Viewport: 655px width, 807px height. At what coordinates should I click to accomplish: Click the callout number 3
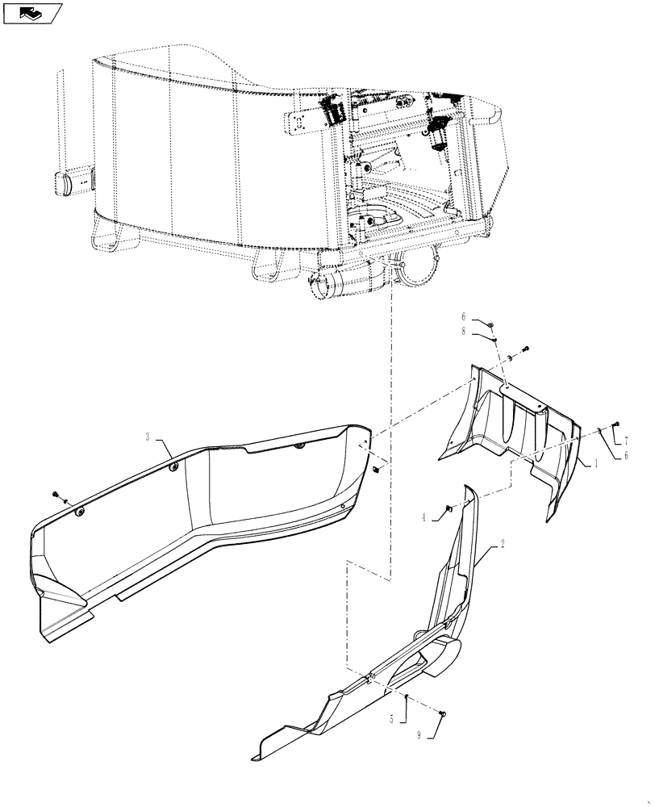click(148, 437)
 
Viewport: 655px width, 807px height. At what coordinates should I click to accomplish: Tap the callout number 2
click(503, 544)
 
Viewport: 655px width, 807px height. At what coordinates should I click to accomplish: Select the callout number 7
click(625, 441)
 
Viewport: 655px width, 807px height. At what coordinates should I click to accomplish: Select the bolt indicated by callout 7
click(616, 424)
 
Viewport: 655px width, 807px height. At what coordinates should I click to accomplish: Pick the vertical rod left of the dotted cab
click(59, 121)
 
